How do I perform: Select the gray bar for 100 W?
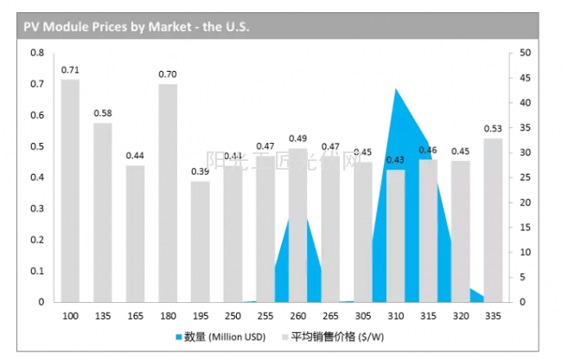[x=70, y=190]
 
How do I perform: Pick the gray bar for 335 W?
[x=492, y=220]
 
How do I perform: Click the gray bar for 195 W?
[x=200, y=241]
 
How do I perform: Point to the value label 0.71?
[x=70, y=69]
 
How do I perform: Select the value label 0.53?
[x=493, y=129]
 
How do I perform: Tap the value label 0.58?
[x=103, y=113]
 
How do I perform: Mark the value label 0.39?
[x=200, y=171]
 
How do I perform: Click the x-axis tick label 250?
[x=233, y=316]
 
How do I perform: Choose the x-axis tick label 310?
[x=395, y=316]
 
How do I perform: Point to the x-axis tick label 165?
[x=135, y=316]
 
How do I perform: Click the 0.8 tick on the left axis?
[x=37, y=53]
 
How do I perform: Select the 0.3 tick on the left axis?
[x=37, y=209]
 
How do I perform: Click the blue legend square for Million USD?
[x=179, y=337]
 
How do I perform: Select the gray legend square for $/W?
[x=284, y=337]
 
